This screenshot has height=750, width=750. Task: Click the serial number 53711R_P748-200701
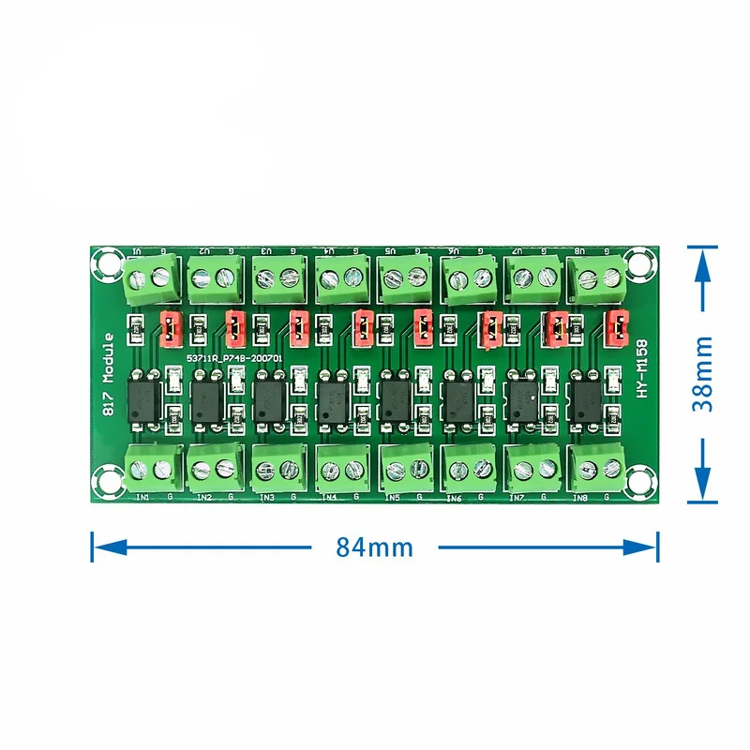tap(233, 359)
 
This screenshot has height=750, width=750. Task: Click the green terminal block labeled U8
tap(598, 276)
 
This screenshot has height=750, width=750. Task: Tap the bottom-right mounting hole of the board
tap(642, 485)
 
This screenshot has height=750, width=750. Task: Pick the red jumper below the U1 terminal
tap(170, 325)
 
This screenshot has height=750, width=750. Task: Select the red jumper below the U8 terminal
tap(617, 326)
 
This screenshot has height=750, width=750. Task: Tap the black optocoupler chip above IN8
tap(590, 398)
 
